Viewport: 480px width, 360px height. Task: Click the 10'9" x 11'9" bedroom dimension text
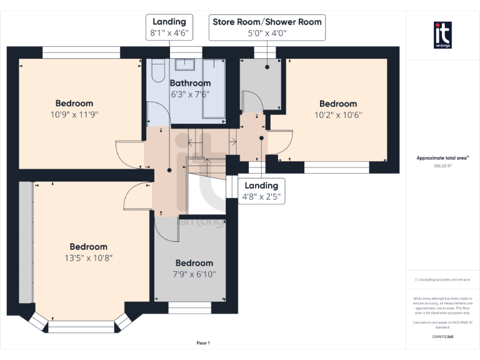click(74, 114)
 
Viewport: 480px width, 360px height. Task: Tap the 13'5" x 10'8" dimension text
click(88, 257)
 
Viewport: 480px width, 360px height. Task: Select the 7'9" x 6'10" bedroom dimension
click(194, 274)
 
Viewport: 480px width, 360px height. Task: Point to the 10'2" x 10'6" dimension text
click(337, 114)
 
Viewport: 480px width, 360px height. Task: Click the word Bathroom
click(190, 83)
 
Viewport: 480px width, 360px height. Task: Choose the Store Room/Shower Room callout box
click(267, 28)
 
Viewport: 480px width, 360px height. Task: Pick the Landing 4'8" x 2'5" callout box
click(261, 191)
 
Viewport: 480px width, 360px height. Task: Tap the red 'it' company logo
click(443, 35)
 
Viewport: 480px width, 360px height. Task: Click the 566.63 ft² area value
click(442, 166)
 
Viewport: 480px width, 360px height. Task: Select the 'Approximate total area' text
click(442, 158)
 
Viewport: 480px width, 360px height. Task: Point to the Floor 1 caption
click(203, 343)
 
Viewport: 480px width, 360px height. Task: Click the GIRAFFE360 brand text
click(442, 337)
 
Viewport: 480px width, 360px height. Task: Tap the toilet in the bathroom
click(157, 70)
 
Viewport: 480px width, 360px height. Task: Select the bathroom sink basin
click(186, 64)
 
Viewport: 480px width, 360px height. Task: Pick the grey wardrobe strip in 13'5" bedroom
click(25, 244)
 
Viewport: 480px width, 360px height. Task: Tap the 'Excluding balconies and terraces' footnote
click(442, 279)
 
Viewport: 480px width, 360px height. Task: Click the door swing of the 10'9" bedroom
click(129, 155)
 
